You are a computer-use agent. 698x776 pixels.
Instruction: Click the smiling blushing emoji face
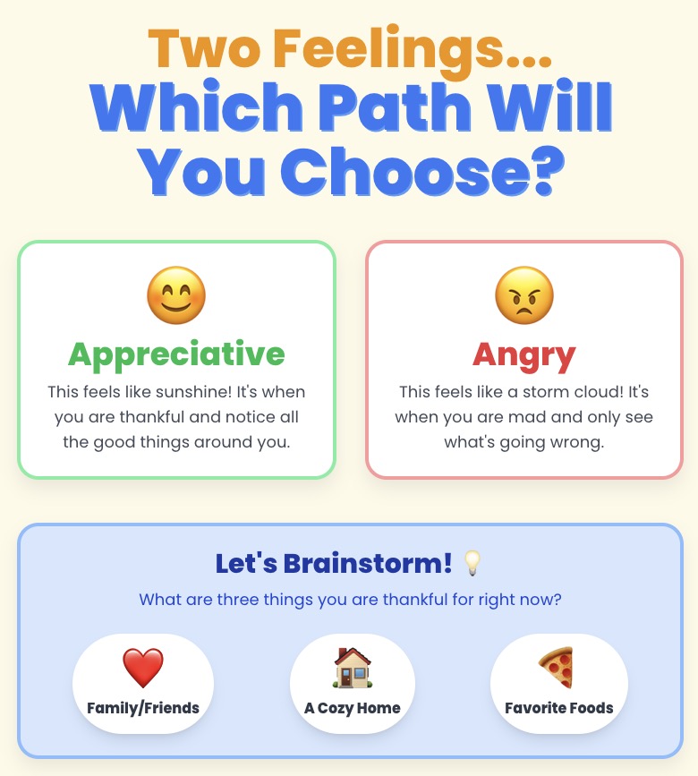(176, 295)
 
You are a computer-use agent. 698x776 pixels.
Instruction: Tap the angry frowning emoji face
(524, 295)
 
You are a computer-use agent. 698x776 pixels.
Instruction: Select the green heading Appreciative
(176, 354)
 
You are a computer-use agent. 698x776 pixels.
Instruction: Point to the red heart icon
(143, 668)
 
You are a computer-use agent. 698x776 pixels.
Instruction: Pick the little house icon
(353, 668)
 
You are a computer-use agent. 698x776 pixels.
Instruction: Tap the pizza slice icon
(557, 668)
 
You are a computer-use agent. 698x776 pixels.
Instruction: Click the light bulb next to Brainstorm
(472, 563)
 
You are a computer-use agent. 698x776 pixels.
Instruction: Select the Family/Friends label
(143, 708)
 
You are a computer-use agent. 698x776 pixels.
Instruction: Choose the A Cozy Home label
(353, 708)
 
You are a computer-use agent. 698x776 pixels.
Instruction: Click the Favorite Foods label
(559, 708)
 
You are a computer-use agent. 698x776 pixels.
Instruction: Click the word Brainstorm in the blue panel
(368, 563)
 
